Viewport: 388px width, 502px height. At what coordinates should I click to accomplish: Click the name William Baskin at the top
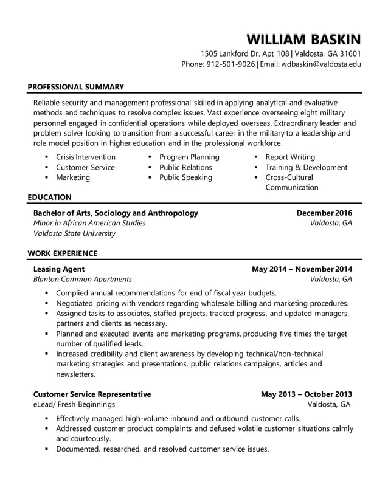tap(303, 40)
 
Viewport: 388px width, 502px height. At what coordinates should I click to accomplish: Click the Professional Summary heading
tap(75, 87)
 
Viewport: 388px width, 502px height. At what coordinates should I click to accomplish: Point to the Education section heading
tap(49, 197)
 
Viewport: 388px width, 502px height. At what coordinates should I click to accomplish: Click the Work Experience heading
tap(62, 253)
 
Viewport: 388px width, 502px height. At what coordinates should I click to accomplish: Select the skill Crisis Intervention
tap(85, 157)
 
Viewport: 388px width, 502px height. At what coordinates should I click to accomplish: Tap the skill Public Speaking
tap(185, 177)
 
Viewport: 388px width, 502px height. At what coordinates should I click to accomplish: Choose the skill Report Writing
tap(290, 157)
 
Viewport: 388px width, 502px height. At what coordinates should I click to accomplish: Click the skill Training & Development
tap(306, 167)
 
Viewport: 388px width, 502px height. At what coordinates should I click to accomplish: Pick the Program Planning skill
tap(189, 157)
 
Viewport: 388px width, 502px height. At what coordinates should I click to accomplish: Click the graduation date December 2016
tap(324, 213)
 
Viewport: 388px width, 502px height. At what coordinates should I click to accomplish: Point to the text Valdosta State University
tap(74, 233)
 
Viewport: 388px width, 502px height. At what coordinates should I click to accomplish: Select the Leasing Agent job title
tap(58, 269)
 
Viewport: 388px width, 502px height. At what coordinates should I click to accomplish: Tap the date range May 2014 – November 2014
tap(302, 269)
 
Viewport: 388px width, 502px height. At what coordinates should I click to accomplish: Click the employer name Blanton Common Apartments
tap(81, 279)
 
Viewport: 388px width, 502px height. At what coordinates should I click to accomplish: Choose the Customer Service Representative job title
tap(92, 394)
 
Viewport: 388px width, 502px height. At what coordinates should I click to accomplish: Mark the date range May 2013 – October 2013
tap(306, 394)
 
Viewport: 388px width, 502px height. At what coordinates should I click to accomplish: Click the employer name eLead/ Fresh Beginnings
tap(73, 404)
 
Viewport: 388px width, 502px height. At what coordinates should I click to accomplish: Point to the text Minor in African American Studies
tap(89, 223)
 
